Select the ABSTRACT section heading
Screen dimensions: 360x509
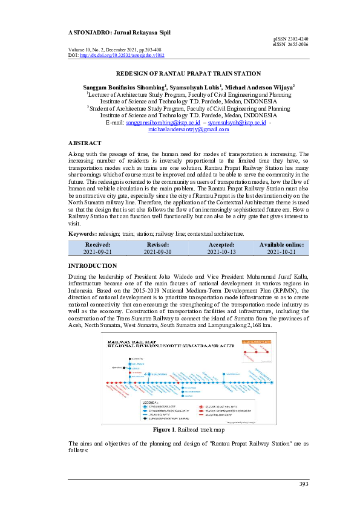pyautogui.click(x=85, y=143)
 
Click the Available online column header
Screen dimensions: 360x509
pyautogui.click(x=281, y=244)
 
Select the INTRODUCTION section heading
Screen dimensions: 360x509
pyautogui.click(x=93, y=266)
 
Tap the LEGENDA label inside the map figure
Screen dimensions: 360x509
pyautogui.click(x=150, y=401)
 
